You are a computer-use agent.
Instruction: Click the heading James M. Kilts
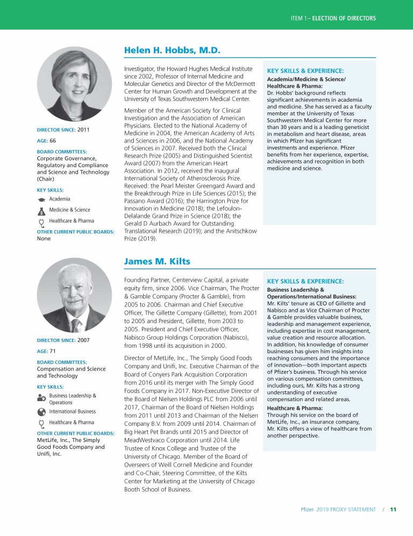point(156,261)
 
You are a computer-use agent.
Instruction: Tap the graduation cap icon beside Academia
point(41,199)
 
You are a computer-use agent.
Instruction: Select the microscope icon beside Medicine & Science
point(41,210)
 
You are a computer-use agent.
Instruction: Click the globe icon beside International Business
point(41,412)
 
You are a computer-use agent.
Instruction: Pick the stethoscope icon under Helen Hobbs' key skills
point(41,221)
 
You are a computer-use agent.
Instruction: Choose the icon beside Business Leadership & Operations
point(41,398)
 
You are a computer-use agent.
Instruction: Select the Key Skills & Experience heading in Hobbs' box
point(305,70)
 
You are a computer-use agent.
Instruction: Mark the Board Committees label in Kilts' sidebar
point(62,362)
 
